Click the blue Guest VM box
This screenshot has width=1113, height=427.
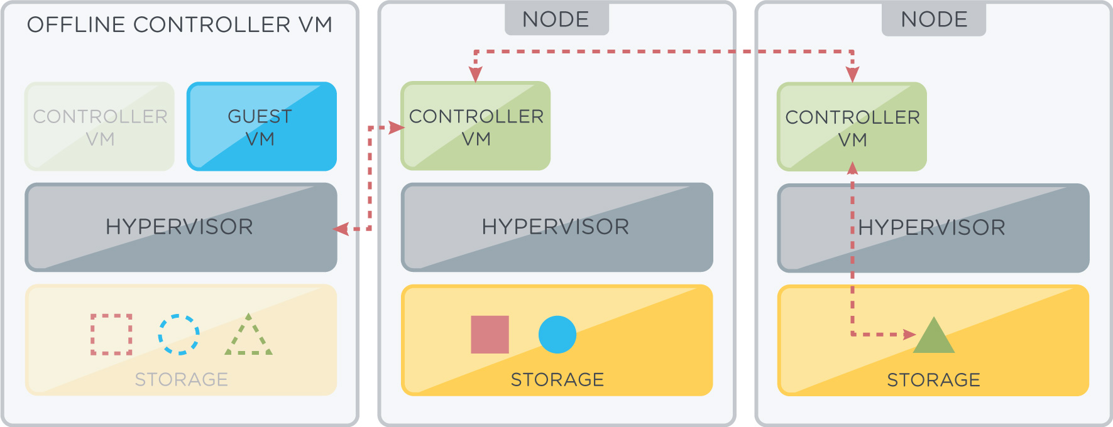click(x=261, y=126)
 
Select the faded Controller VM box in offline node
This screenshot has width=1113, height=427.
click(x=99, y=126)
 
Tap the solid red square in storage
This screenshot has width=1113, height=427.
click(x=490, y=334)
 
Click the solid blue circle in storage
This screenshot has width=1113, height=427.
click(x=557, y=334)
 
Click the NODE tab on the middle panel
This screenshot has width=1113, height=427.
click(x=556, y=19)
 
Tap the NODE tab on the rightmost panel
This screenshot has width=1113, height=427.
click(x=934, y=19)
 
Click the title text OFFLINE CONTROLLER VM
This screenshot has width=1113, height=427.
click(x=180, y=24)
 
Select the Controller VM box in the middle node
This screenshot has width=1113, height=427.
click(x=476, y=126)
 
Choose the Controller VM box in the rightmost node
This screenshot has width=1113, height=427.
click(x=852, y=127)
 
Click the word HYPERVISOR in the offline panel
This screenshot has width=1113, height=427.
click(x=179, y=227)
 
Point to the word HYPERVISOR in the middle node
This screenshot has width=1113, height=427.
click(x=556, y=227)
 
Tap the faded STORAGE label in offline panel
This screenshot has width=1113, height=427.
click(x=182, y=379)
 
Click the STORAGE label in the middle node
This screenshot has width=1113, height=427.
click(x=557, y=379)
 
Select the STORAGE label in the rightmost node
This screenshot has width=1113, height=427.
click(x=934, y=380)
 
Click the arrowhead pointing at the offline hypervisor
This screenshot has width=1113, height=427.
click(x=341, y=229)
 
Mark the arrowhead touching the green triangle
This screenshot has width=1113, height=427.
click(x=909, y=334)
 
